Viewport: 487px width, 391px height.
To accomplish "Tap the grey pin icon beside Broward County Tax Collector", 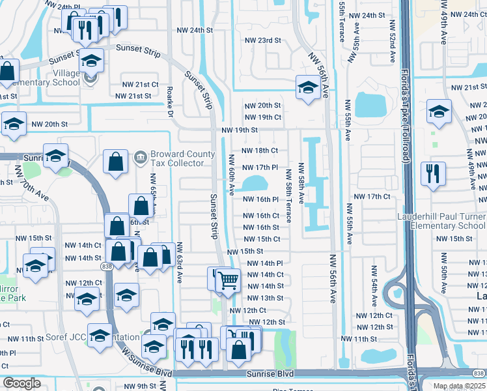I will [139, 157].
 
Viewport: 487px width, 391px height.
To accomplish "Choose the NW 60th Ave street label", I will [232, 175].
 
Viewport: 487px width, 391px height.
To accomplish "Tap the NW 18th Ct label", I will [260, 151].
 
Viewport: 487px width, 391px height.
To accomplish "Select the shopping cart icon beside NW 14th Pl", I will [229, 280].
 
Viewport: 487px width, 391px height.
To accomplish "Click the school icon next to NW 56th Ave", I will [307, 87].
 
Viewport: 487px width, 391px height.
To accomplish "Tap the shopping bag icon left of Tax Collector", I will [115, 163].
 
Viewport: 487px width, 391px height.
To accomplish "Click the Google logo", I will [21, 383].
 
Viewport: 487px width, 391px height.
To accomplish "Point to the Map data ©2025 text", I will [460, 386].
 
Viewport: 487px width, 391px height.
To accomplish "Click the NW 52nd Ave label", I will [392, 46].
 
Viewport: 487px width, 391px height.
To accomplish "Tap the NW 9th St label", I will [143, 386].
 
